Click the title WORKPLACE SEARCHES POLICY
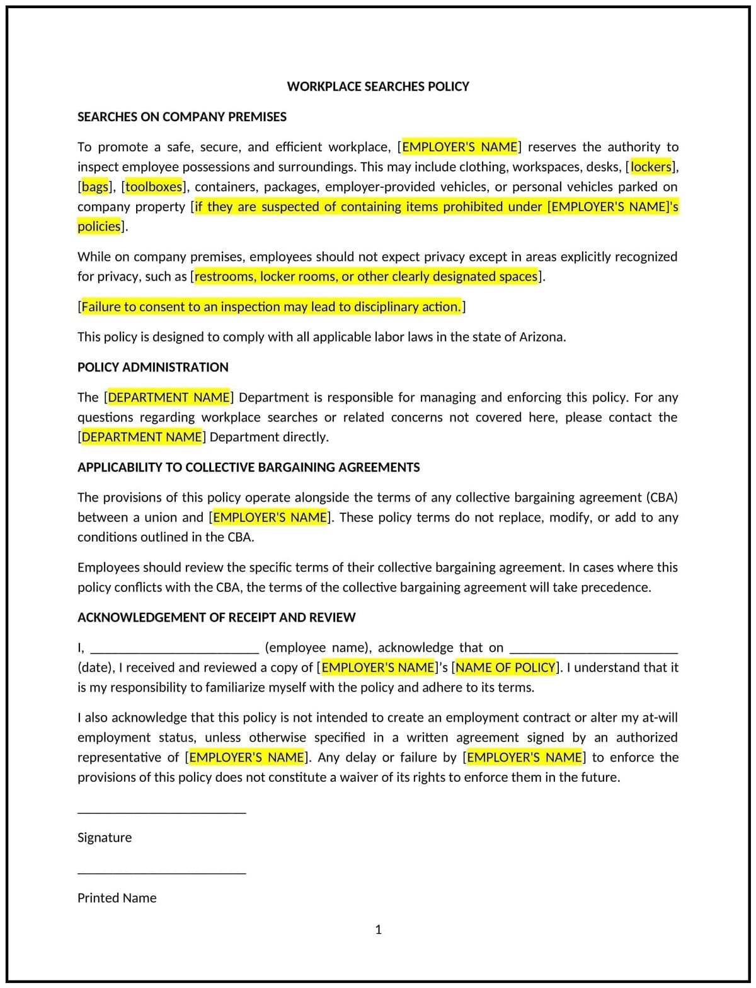coord(377,86)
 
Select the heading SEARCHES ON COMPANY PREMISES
coord(181,117)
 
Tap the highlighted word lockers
coord(651,167)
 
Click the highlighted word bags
coord(95,187)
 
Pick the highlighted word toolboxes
coord(154,187)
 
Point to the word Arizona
coord(541,337)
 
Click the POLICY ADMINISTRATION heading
coord(152,367)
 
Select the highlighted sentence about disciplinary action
coord(271,307)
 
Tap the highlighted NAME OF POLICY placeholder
coord(505,667)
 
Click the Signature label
coord(105,837)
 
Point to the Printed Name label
coord(117,898)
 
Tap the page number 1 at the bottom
coord(378,929)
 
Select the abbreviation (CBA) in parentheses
coord(661,497)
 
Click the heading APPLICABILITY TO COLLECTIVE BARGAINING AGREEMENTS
coord(248,467)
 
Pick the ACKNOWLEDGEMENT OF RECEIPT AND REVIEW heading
coord(216,617)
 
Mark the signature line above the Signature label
coord(161,812)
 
